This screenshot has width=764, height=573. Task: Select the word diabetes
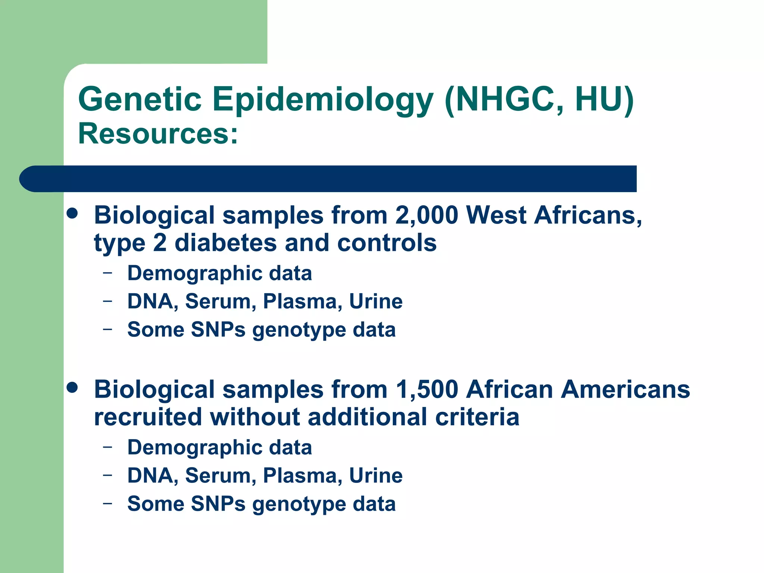pos(226,243)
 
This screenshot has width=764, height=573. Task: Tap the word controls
pos(386,243)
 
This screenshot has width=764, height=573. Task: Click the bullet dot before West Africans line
pos(72,213)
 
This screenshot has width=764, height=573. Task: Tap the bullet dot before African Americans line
pos(72,388)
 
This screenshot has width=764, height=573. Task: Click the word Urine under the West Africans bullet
pos(376,301)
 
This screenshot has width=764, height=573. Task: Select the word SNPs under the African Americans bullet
pos(218,504)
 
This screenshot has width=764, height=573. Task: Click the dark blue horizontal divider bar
pos(328,179)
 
